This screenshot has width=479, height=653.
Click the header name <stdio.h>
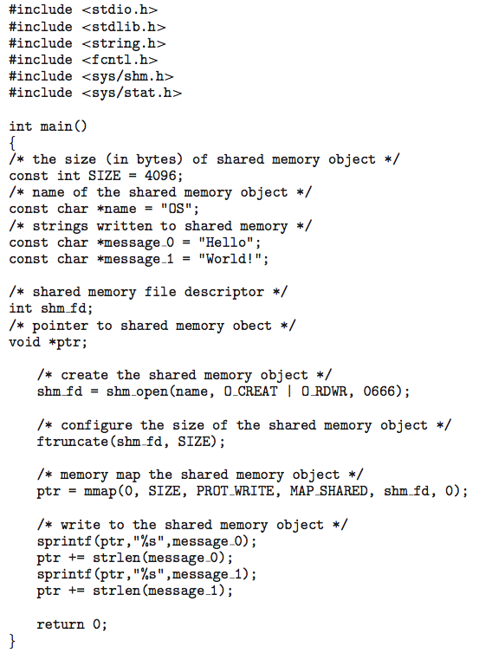[x=120, y=10]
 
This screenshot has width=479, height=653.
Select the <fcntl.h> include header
[x=120, y=60]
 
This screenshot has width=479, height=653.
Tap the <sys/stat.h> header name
[x=132, y=93]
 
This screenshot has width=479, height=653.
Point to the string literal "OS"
[x=176, y=208]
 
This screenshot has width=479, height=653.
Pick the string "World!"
[x=230, y=259]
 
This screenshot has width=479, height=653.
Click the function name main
[x=56, y=126]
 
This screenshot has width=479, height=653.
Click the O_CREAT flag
[x=250, y=391]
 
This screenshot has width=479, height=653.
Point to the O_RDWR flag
[x=324, y=391]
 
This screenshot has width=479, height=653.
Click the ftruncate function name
[x=73, y=442]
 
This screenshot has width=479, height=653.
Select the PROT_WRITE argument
[x=236, y=491]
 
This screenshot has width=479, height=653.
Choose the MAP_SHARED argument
[x=329, y=491]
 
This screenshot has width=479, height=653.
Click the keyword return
[x=61, y=624]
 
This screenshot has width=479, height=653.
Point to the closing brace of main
[x=12, y=641]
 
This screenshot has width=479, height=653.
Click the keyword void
[x=24, y=342]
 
